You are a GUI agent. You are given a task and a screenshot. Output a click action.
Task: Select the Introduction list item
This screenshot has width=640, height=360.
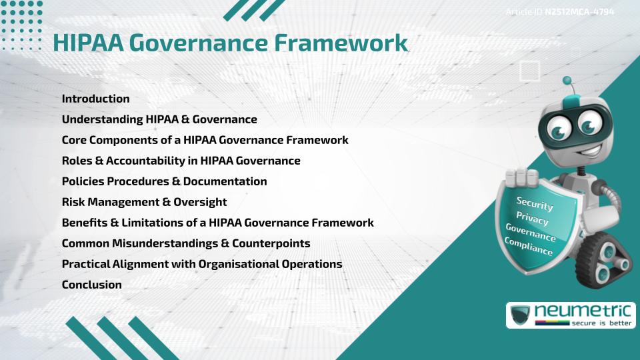tap(96, 99)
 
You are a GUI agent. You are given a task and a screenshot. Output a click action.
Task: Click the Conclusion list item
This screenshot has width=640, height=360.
tap(92, 285)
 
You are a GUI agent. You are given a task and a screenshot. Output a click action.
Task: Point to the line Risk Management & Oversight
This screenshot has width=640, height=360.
tap(145, 202)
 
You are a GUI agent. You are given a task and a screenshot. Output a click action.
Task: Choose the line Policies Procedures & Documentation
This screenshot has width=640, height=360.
tap(164, 181)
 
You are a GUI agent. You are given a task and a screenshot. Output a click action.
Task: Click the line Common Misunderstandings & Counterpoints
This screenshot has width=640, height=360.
tap(186, 243)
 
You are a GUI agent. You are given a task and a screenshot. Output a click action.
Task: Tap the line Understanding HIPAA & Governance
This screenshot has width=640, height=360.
tap(159, 119)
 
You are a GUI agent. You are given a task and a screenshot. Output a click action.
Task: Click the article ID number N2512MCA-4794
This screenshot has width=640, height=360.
tap(579, 12)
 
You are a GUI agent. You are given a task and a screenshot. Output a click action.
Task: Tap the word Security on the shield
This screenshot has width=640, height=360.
tap(535, 204)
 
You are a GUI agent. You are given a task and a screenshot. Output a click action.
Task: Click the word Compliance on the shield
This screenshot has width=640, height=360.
tap(529, 246)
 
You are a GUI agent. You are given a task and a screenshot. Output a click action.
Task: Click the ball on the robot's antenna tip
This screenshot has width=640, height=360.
tap(567, 81)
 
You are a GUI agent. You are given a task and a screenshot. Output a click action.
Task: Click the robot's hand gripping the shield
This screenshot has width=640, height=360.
tap(521, 177)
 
